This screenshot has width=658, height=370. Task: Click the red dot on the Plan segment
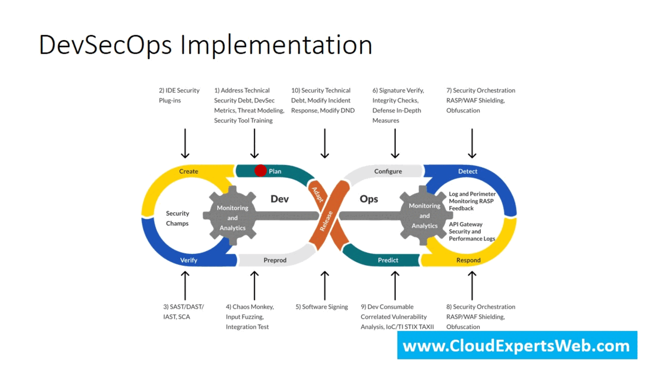260,170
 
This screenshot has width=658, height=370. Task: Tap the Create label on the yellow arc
189,171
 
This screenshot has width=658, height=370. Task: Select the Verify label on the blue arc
189,260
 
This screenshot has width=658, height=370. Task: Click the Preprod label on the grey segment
275,260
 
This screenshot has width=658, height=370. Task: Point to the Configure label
388,172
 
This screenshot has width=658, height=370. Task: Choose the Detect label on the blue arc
468,171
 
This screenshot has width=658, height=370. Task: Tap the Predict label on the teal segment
388,260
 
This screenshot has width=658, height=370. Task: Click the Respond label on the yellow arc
468,260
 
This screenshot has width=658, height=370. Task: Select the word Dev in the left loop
280,199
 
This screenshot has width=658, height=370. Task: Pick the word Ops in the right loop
369,199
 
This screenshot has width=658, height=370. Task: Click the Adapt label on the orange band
317,195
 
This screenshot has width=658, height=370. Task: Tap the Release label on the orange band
326,221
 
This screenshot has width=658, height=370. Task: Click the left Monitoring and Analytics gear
232,216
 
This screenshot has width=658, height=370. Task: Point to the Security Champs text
178,218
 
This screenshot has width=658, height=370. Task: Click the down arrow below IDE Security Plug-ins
185,144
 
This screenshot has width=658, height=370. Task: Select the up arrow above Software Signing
325,286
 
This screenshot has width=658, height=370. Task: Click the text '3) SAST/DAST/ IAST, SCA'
184,311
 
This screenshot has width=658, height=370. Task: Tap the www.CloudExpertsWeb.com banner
517,345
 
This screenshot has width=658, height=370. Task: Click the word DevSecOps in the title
105,45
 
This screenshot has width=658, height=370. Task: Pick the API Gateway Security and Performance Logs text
472,231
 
